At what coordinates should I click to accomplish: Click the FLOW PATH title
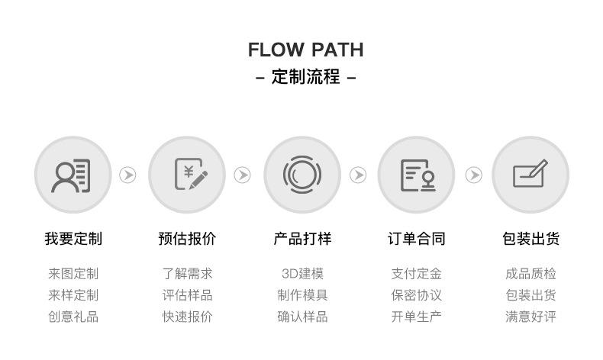(306, 50)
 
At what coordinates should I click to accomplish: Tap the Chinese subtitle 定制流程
(306, 76)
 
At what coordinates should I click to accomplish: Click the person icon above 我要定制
(71, 175)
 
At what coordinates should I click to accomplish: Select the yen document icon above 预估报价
(191, 174)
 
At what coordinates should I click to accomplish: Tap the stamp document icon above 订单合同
(418, 175)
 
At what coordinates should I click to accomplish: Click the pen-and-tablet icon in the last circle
(530, 173)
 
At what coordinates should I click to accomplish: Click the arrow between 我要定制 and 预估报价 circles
(127, 175)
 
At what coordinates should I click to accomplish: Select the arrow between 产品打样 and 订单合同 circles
(358, 175)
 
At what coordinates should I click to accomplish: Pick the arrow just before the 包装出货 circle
(474, 175)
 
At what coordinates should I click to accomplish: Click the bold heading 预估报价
(187, 239)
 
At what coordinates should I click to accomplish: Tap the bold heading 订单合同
(417, 239)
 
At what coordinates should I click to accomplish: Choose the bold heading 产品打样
(302, 239)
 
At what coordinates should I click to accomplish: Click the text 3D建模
(303, 274)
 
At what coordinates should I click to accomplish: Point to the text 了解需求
(187, 274)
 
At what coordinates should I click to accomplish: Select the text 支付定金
(417, 274)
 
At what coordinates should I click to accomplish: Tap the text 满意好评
(530, 317)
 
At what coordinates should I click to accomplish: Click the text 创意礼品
(73, 317)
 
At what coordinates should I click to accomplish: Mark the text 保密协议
(417, 295)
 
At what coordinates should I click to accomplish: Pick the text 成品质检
(530, 274)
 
